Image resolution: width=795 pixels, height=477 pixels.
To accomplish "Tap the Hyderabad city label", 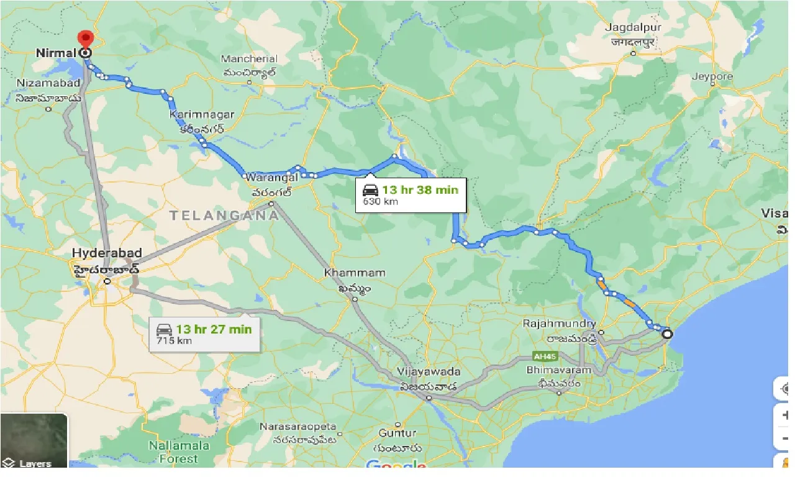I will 107,253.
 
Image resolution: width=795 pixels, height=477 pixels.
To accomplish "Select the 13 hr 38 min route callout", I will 411,194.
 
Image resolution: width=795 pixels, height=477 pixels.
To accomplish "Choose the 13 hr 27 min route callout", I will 204,334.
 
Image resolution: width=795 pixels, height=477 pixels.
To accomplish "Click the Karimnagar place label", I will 202,115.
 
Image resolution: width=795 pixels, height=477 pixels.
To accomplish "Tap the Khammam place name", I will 354,273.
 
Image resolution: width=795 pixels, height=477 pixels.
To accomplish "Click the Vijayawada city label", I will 428,372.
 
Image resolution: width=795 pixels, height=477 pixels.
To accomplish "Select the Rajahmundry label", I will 559,324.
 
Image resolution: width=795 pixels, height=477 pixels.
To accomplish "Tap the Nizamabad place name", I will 48,83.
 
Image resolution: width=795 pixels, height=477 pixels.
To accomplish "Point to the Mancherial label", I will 250,59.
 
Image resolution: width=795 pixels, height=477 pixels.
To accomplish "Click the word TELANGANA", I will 224,216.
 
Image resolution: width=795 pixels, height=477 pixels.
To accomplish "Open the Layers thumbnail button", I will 34,440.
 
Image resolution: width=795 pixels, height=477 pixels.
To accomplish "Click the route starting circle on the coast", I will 667,334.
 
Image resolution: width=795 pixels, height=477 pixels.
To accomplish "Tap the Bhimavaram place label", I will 559,371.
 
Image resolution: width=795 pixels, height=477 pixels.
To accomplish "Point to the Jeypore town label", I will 712,77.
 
